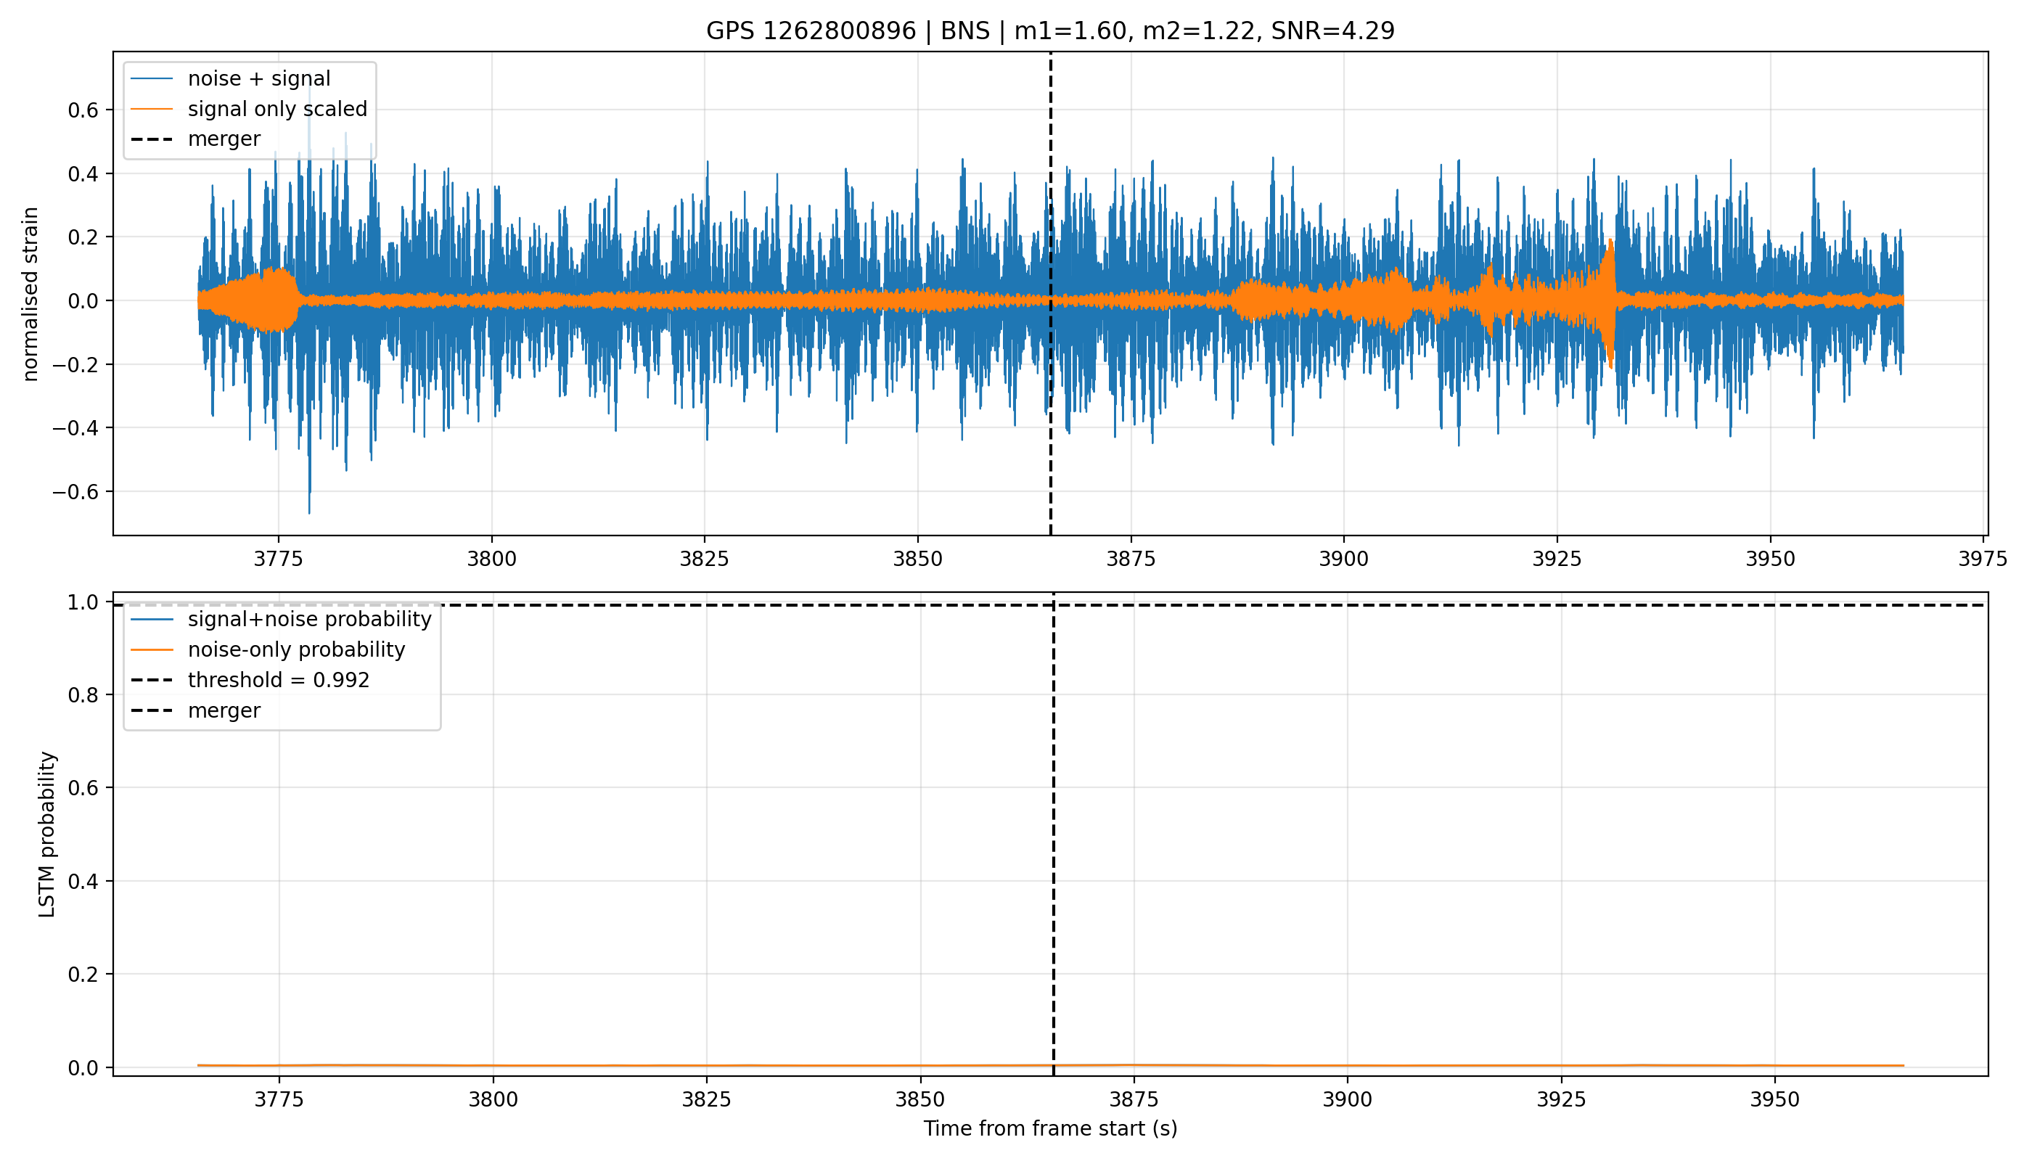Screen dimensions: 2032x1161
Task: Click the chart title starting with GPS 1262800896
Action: click(x=1049, y=31)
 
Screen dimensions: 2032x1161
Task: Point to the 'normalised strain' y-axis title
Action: click(x=30, y=294)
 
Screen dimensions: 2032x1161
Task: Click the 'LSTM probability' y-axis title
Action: click(x=47, y=834)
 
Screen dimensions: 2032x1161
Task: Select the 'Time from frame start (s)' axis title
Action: click(x=1050, y=1129)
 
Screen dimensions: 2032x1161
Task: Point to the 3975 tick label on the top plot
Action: click(x=1983, y=559)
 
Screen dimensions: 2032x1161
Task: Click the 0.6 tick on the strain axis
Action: click(x=83, y=110)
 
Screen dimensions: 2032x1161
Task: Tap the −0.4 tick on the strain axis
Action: click(x=75, y=428)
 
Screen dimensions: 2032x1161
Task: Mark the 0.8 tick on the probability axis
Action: click(x=83, y=695)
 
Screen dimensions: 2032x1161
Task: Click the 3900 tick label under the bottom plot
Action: click(x=1347, y=1099)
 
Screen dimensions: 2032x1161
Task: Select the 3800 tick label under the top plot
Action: click(x=491, y=559)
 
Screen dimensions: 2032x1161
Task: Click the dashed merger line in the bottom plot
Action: click(x=1054, y=834)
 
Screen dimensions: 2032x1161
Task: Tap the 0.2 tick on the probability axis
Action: click(x=83, y=975)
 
